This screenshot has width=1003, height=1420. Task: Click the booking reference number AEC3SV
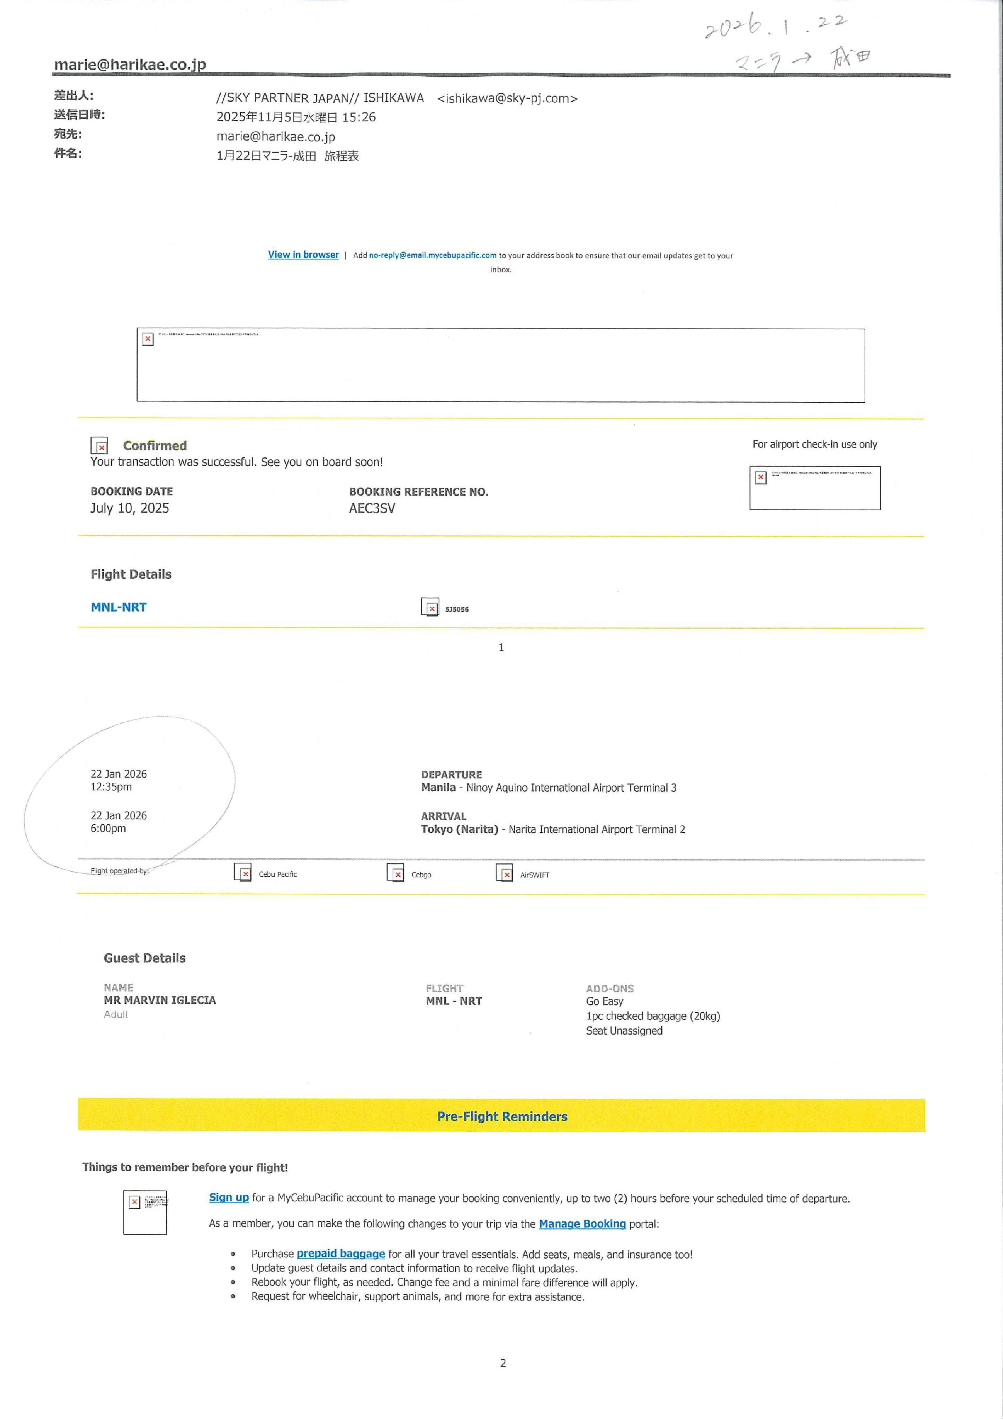click(372, 508)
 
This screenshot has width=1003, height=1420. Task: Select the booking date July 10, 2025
click(129, 508)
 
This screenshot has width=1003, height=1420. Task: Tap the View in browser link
click(303, 255)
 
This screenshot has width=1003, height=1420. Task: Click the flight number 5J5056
click(457, 609)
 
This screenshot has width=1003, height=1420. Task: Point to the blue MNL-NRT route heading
click(119, 607)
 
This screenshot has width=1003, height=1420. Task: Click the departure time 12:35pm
click(111, 787)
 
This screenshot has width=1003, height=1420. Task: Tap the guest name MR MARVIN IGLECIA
click(160, 1000)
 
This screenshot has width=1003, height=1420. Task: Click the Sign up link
click(229, 1197)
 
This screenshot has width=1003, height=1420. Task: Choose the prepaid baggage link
click(341, 1253)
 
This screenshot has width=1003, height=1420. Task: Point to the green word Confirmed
click(155, 445)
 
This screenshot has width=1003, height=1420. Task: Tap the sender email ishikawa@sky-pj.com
click(507, 98)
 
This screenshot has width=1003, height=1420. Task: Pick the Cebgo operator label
click(421, 875)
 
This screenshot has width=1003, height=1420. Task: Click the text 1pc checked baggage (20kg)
click(653, 1016)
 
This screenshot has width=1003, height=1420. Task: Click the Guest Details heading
click(145, 958)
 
